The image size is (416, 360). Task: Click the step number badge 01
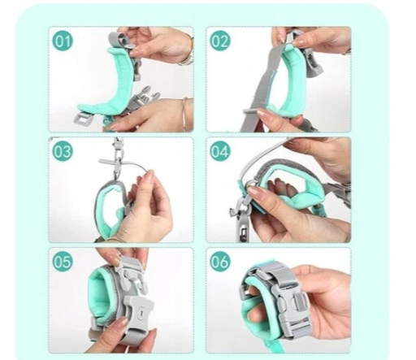point(63,41)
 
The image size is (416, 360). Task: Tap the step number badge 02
point(219,41)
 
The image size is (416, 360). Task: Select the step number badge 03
point(63,151)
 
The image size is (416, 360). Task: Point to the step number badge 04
point(219,151)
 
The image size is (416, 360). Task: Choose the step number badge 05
point(63,262)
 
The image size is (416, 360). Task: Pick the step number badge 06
point(219,262)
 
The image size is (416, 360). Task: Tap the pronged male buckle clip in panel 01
point(144,100)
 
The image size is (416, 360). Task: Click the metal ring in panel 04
point(251,183)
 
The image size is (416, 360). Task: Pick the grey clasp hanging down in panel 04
point(242,219)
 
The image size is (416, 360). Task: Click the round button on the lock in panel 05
point(141,311)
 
